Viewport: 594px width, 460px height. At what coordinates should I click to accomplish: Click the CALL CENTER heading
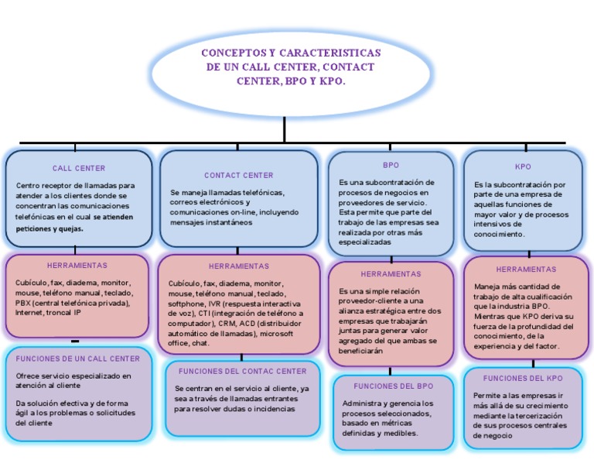pyautogui.click(x=79, y=168)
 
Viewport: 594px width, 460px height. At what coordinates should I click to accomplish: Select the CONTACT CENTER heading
pyautogui.click(x=238, y=176)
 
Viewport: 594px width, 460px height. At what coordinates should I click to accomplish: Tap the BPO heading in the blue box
pyautogui.click(x=391, y=165)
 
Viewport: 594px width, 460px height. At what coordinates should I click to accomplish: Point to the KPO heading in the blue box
pyautogui.click(x=523, y=166)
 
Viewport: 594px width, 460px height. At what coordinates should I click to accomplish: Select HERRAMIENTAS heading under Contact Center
pyautogui.click(x=238, y=266)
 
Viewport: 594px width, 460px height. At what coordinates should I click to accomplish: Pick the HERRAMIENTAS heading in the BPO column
pyautogui.click(x=391, y=273)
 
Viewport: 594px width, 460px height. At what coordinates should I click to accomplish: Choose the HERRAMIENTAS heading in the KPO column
pyautogui.click(x=526, y=269)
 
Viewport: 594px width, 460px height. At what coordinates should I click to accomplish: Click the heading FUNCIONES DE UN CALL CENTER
pyautogui.click(x=78, y=359)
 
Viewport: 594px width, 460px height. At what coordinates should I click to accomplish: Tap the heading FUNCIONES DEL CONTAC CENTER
pyautogui.click(x=242, y=371)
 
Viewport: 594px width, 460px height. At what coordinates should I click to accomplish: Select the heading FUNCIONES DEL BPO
pyautogui.click(x=393, y=386)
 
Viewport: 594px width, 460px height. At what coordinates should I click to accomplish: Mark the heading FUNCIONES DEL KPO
pyautogui.click(x=523, y=378)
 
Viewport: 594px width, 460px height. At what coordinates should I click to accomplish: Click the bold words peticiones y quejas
pyautogui.click(x=49, y=229)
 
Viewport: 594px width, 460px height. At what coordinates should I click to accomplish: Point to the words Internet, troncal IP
pyautogui.click(x=48, y=313)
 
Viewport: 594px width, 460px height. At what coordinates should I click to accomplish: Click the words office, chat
pyautogui.click(x=189, y=343)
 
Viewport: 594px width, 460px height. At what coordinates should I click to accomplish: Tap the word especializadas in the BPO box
pyautogui.click(x=365, y=242)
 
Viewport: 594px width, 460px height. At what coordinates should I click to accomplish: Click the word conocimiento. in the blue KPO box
pyautogui.click(x=500, y=233)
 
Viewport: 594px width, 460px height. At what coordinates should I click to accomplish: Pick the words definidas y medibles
pyautogui.click(x=381, y=434)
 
